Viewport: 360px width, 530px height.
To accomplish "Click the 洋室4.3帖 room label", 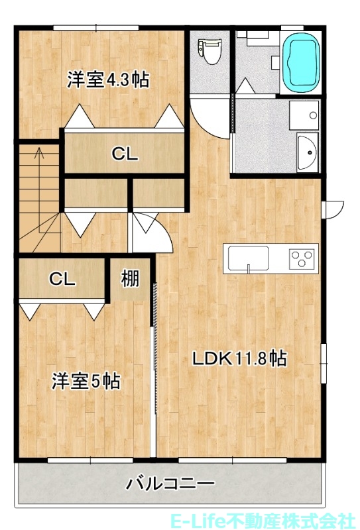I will coord(108,80).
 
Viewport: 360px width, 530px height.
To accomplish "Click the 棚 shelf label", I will coord(130,280).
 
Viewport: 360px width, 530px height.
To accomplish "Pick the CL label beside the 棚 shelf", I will coord(62,279).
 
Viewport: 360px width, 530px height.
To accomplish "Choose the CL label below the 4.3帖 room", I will coord(124,154).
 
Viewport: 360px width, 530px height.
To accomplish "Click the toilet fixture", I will coord(211,50).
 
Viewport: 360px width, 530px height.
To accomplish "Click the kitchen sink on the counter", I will coord(249,258).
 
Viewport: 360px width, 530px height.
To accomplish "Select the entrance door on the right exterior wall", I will coord(331,208).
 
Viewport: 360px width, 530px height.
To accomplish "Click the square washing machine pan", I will coord(304,114).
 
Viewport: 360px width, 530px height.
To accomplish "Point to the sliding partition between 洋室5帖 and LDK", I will coord(155,305).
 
